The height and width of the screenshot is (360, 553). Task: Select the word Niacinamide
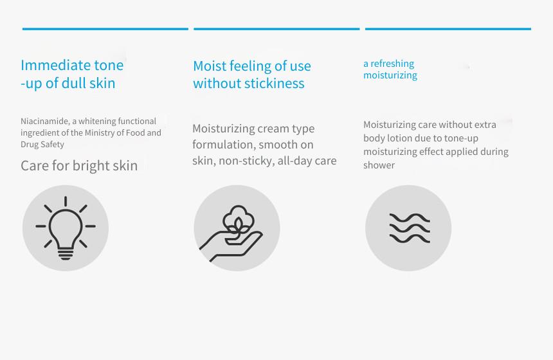pos(44,121)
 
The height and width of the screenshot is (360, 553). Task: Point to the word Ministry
pos(100,132)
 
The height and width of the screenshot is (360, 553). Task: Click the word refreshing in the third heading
pos(392,64)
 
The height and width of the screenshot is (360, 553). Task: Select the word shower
pos(379,165)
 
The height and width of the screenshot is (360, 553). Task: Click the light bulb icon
pos(66,228)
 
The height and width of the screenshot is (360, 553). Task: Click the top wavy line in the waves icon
pos(410,218)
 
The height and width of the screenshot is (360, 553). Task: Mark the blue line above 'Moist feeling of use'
pos(276,29)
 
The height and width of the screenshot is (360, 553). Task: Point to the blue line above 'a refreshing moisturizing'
pos(448,29)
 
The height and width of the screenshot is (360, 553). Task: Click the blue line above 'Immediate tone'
pos(105,29)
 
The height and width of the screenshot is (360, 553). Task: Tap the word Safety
pos(52,145)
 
